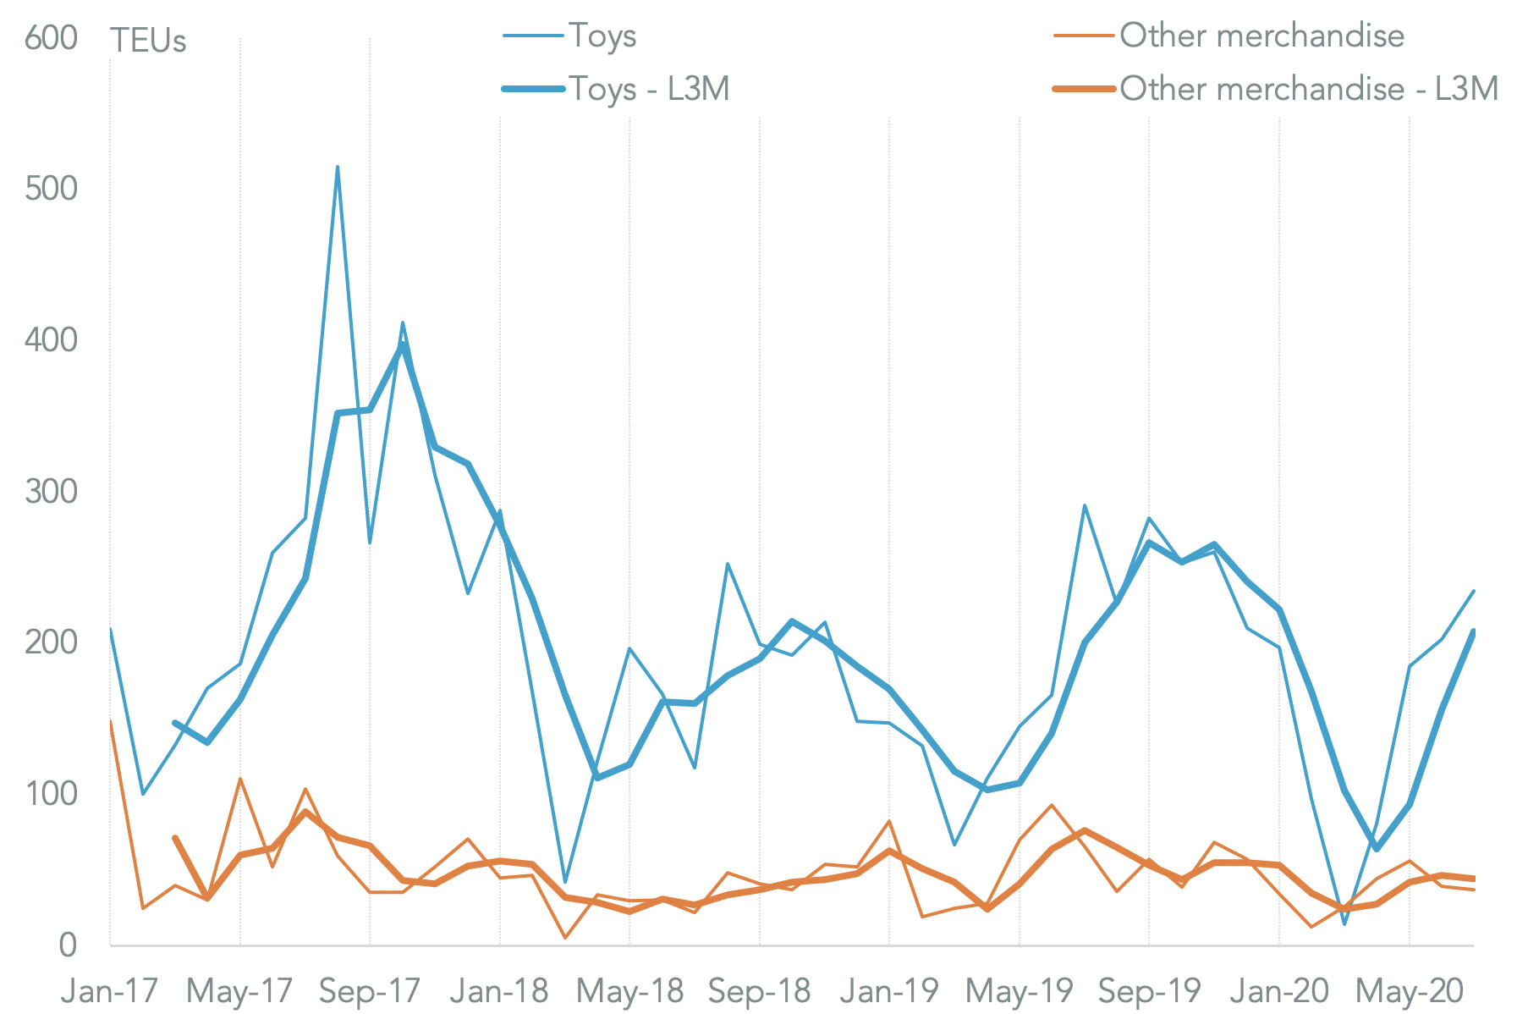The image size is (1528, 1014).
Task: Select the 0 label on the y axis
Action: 68,945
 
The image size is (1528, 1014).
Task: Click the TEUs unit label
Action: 148,41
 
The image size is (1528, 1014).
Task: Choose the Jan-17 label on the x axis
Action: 109,990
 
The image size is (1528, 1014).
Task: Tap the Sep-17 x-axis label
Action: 370,990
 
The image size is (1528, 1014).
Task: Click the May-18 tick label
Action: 629,990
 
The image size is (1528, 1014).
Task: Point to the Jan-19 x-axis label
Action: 889,990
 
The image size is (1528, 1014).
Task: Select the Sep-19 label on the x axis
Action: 1149,990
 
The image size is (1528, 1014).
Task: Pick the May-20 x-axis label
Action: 1409,990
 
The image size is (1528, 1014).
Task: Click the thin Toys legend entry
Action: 602,36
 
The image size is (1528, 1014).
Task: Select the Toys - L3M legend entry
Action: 648,89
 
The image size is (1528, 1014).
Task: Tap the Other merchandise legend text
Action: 1261,36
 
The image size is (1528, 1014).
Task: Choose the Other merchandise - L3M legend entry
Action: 1308,89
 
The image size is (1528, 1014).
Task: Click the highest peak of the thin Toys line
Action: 338,167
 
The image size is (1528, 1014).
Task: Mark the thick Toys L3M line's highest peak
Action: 403,344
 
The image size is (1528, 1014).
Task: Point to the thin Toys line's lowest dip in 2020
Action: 1344,923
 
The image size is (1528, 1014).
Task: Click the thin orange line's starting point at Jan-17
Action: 111,721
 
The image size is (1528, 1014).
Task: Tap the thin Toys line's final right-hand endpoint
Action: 1474,591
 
